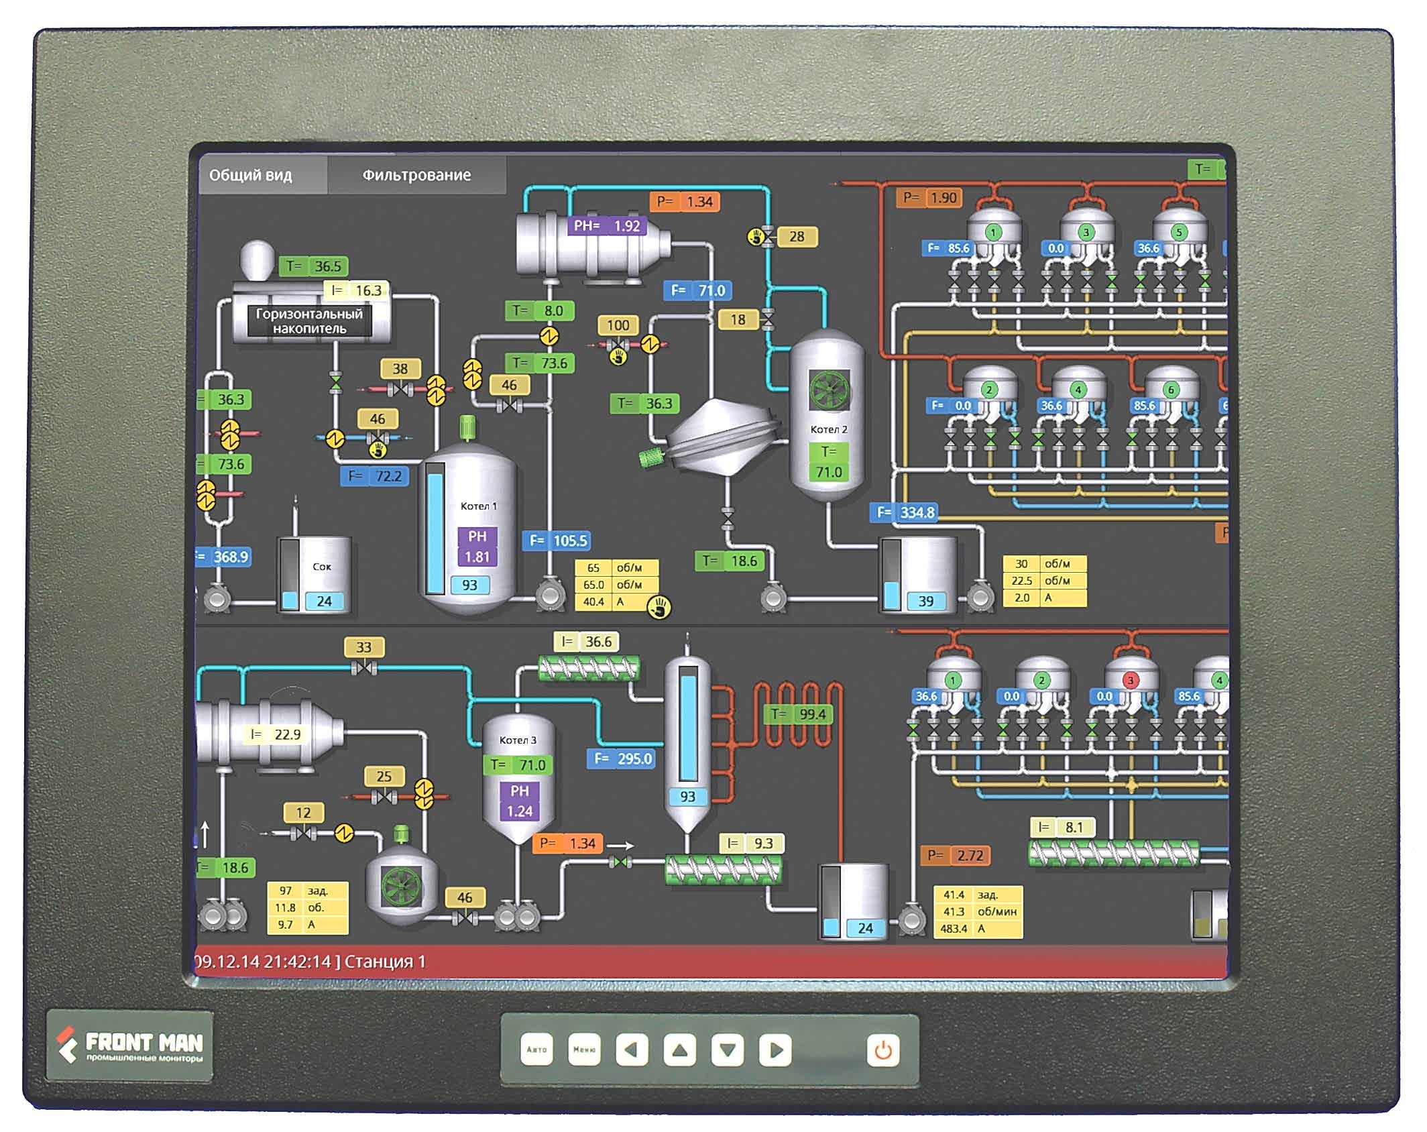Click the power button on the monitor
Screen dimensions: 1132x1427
coord(882,1050)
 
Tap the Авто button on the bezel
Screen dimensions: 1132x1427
coord(536,1050)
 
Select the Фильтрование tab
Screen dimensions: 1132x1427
coord(416,176)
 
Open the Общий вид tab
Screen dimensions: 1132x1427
coord(251,176)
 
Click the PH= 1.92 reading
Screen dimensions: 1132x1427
coord(607,226)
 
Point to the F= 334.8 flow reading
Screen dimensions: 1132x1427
coord(906,512)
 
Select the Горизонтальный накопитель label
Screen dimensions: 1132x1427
coord(309,321)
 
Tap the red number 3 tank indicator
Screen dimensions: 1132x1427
coord(1131,680)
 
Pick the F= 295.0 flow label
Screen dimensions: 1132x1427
coord(622,758)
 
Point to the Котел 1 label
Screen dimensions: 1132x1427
coord(478,506)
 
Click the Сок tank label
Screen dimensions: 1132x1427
coord(322,567)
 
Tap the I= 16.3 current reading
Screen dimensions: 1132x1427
coord(357,290)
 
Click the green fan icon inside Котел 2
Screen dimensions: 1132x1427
coord(829,390)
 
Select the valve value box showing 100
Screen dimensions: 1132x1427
coord(618,326)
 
